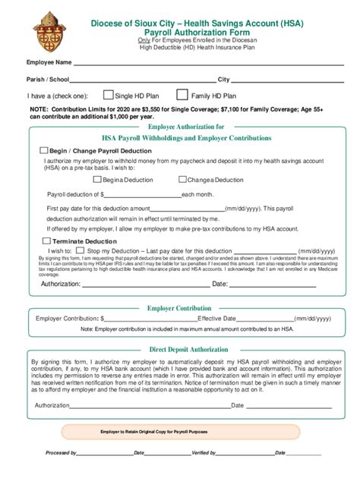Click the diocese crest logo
51,29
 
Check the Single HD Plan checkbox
107,96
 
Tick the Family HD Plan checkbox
182,96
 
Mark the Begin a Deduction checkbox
96,180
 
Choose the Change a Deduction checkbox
182,180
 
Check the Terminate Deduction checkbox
46,241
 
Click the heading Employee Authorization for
186,127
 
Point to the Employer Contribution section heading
179,308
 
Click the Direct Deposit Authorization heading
188,350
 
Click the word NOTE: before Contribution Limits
38,110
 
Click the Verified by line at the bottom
243,452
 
